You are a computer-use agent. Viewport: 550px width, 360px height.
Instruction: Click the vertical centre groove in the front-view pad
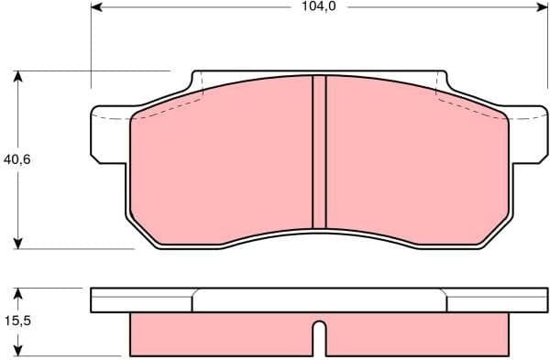point(319,151)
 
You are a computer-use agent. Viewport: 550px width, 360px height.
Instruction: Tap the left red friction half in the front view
point(220,165)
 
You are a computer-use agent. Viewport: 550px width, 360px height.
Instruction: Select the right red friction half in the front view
point(417,165)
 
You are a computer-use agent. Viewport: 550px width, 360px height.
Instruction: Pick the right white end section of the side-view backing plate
point(496,300)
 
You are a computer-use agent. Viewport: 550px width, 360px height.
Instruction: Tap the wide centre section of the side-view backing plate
point(319,300)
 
